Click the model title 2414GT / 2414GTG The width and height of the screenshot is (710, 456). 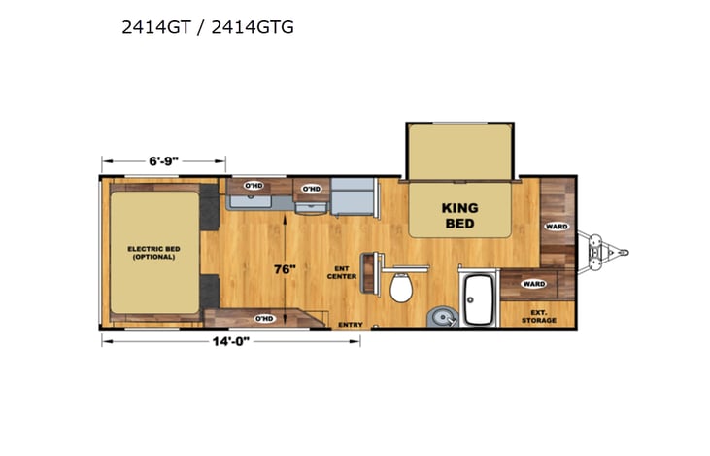[x=207, y=27]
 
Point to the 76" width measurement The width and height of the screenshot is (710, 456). [x=284, y=269]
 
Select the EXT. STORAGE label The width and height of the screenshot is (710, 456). [x=538, y=316]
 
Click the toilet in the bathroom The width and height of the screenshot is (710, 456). [x=399, y=288]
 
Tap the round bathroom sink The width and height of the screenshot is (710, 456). [x=439, y=315]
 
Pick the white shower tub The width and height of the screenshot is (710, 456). [x=478, y=299]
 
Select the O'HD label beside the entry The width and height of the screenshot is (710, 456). [x=263, y=318]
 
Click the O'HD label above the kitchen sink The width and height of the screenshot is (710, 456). [x=254, y=185]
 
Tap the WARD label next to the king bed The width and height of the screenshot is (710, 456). [x=557, y=227]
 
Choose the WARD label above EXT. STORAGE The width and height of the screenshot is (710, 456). [x=533, y=284]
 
